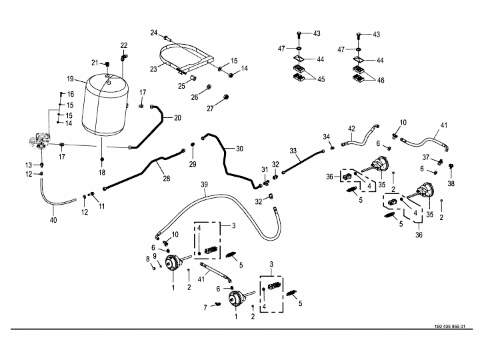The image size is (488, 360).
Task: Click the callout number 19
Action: click(x=69, y=79)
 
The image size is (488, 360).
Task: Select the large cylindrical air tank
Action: click(x=103, y=107)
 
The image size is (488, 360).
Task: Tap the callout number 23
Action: click(x=153, y=68)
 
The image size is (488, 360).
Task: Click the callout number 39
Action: click(x=205, y=185)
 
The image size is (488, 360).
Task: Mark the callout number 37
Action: click(x=425, y=157)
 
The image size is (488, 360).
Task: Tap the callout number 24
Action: click(x=153, y=33)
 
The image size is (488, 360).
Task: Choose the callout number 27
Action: click(x=209, y=108)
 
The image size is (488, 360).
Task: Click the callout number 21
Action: click(x=95, y=63)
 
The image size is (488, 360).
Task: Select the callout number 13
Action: click(x=29, y=165)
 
